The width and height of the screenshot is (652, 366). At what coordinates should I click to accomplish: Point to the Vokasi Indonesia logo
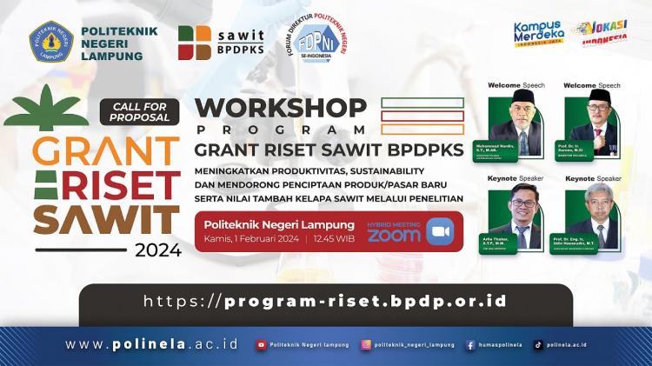[604, 32]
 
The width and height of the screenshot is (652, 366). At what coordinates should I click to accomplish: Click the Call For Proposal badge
[139, 110]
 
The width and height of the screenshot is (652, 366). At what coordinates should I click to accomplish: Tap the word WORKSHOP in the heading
[281, 108]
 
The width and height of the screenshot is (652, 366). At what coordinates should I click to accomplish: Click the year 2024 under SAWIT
[157, 250]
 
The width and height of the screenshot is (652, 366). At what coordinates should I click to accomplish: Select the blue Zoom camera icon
[440, 231]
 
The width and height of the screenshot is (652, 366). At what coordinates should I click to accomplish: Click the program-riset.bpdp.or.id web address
[325, 302]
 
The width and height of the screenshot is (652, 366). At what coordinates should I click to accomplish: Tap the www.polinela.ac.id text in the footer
[151, 344]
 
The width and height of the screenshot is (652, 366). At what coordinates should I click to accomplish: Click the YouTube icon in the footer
[261, 345]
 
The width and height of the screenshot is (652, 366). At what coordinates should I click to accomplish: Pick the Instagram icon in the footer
[367, 345]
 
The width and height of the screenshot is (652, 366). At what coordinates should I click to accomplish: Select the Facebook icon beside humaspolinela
[470, 345]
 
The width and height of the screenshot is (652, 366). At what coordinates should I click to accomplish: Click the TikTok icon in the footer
[538, 345]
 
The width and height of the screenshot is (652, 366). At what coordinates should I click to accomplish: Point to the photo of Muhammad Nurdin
[522, 122]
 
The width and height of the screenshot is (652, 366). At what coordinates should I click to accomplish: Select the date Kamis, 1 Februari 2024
[252, 238]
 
